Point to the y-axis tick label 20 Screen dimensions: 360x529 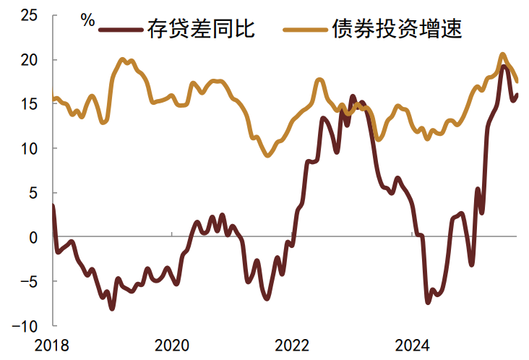point(28,59)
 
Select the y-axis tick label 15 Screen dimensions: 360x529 point(28,103)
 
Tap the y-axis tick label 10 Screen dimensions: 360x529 point(28,148)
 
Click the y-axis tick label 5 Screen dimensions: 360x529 point(33,192)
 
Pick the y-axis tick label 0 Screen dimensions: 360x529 point(33,237)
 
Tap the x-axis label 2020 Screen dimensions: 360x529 point(172,345)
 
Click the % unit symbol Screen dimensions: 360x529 point(87,20)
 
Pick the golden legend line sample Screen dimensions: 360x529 point(306,30)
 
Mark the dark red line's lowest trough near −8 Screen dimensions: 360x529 point(111,309)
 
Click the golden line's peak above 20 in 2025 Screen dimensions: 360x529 point(503,54)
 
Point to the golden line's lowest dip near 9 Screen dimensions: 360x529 point(267,155)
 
